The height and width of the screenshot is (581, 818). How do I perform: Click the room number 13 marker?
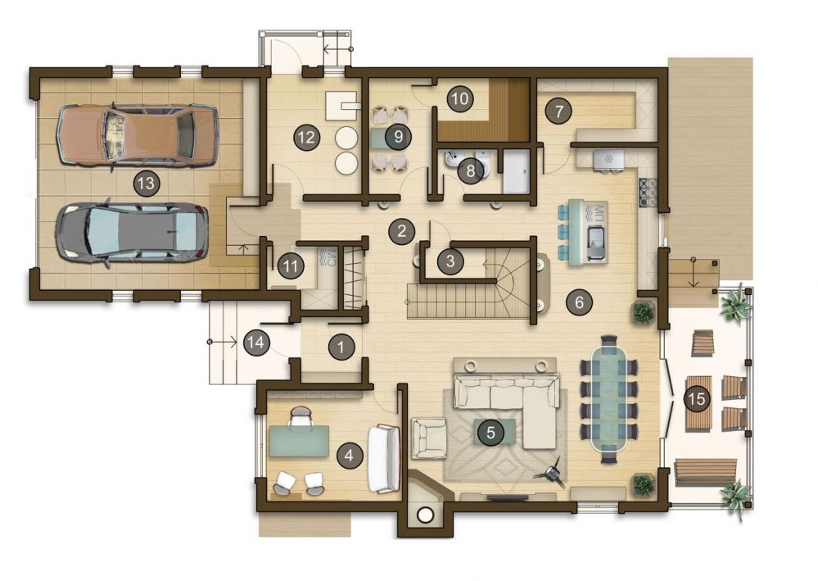click(x=147, y=184)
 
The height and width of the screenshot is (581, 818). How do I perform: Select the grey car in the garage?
click(x=133, y=232)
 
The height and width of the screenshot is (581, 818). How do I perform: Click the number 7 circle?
click(x=558, y=111)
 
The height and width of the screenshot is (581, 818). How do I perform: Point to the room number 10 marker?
click(x=460, y=98)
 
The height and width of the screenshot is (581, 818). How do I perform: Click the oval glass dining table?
click(x=609, y=400)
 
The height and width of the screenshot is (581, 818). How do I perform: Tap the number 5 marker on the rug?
click(x=490, y=432)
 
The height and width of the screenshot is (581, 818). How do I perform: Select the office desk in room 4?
click(x=299, y=441)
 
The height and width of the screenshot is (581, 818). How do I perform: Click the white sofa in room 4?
click(x=384, y=459)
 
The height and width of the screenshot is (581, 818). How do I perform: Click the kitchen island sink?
click(x=597, y=243)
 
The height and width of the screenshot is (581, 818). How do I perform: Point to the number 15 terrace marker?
click(x=697, y=399)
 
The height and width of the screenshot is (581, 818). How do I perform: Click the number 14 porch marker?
click(x=256, y=343)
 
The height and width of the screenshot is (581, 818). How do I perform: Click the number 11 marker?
click(x=291, y=267)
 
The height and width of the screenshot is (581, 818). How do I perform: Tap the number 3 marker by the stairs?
click(x=450, y=261)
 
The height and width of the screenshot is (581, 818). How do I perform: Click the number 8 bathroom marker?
click(x=471, y=170)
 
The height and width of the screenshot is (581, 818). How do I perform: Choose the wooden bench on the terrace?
click(x=706, y=472)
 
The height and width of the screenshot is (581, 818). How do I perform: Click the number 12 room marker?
click(x=307, y=138)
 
